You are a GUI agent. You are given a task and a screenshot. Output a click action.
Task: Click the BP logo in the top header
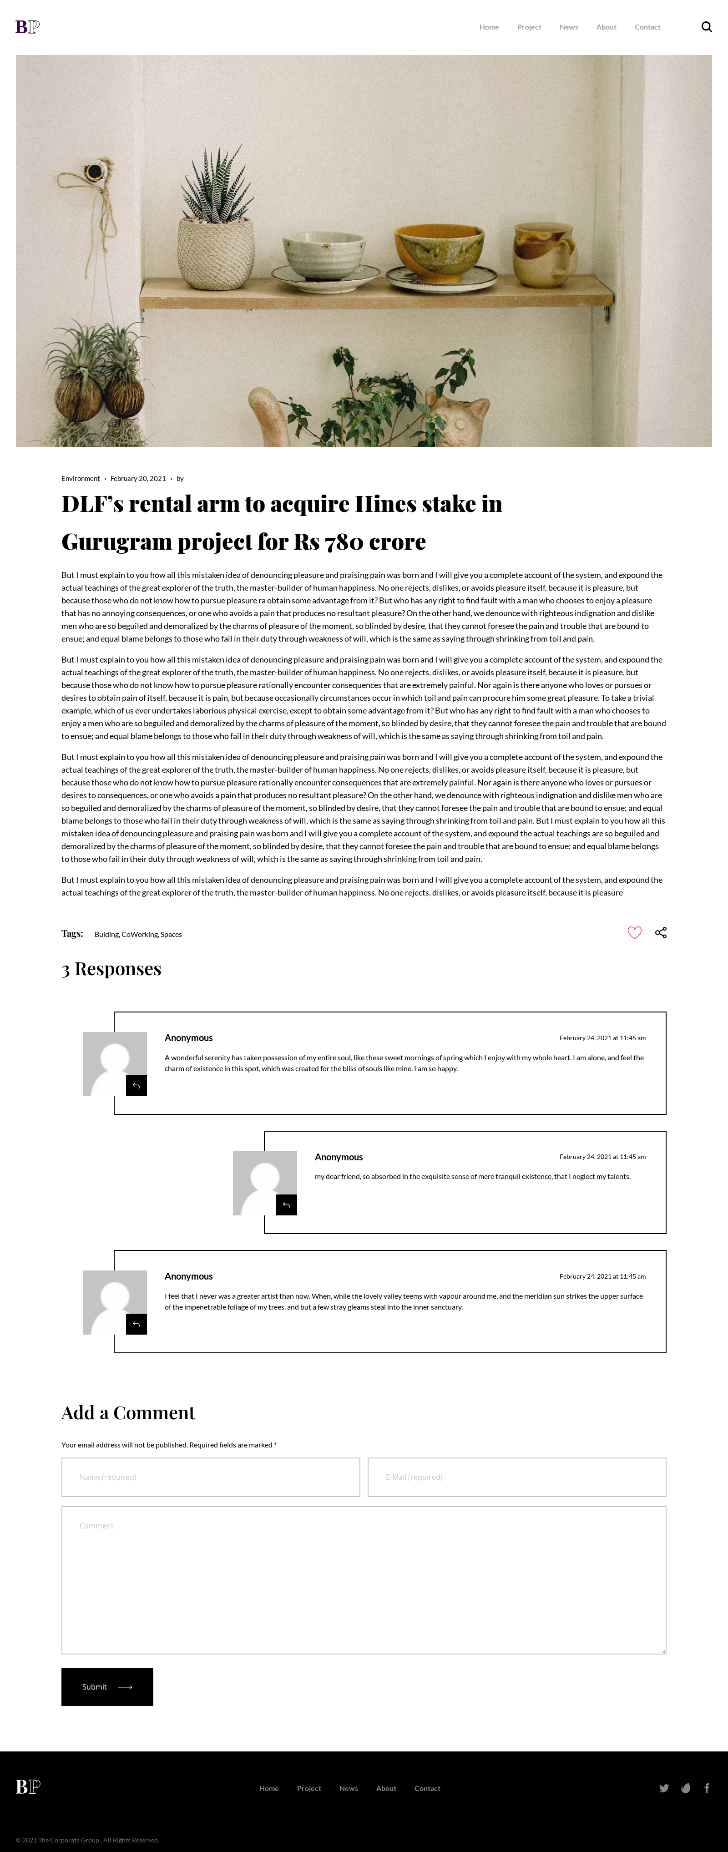pos(27,26)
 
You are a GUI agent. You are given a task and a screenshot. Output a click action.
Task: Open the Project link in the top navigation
pos(529,27)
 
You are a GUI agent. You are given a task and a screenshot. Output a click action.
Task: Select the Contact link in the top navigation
pos(647,27)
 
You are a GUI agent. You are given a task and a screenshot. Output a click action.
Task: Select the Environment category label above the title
pos(81,479)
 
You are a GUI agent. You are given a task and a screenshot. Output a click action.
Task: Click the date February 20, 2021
pos(138,479)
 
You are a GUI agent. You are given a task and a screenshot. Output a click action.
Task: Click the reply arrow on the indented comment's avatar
pos(286,1205)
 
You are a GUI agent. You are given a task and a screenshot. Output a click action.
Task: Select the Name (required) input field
pos(211,1477)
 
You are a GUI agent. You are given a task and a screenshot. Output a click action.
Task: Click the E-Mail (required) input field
pos(517,1477)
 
